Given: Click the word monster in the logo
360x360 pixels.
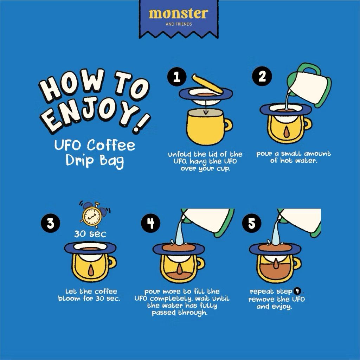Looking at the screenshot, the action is click(x=179, y=14).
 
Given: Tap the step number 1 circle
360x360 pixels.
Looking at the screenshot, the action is click(x=177, y=77).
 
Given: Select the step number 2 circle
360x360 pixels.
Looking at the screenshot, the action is click(x=262, y=76).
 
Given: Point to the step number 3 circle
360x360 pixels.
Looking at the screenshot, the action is click(x=51, y=223).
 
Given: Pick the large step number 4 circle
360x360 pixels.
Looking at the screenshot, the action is click(x=151, y=223).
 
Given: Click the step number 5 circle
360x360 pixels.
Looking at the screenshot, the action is click(x=252, y=223).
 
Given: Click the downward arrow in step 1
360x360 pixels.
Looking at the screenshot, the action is click(x=205, y=108).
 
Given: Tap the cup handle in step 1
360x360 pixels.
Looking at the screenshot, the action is click(x=228, y=125).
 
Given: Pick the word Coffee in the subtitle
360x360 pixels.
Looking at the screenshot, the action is click(x=111, y=146).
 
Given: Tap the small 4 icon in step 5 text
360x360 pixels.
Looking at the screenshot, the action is click(x=297, y=291).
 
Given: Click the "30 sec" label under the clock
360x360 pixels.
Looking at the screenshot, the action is click(x=90, y=234).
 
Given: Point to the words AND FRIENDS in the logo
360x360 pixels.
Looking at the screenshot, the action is click(x=179, y=24).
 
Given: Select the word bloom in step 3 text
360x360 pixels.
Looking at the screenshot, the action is click(x=69, y=298).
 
